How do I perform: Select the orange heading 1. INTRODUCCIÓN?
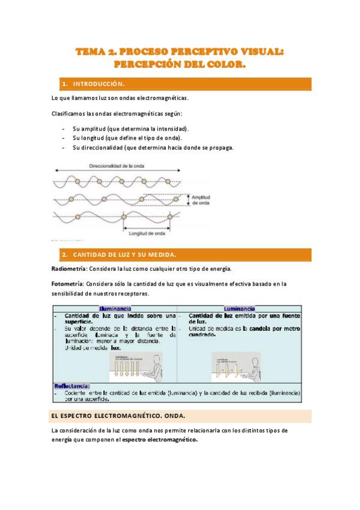click(94, 84)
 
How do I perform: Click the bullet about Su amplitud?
click(130, 129)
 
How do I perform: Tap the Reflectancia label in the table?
click(72, 386)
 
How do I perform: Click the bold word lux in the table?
click(115, 348)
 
